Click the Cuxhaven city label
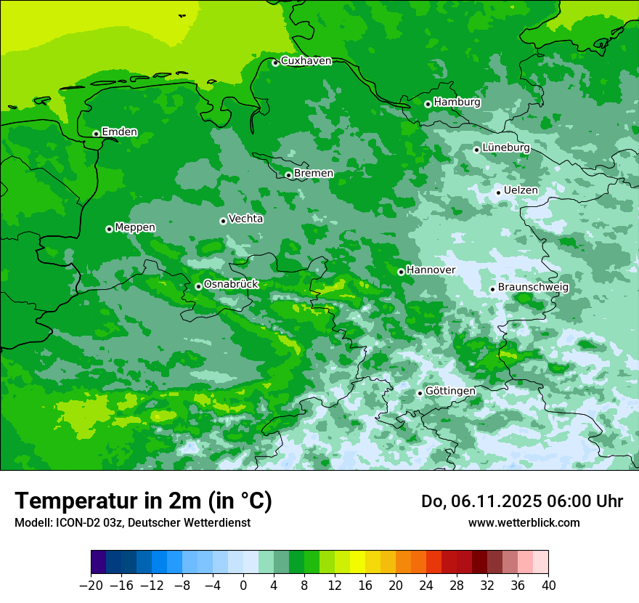306,61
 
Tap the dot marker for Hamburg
428,104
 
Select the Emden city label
119,132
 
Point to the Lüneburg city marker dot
476,150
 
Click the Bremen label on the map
314,174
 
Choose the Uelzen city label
521,190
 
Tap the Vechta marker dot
223,221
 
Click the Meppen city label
135,227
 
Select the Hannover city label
431,270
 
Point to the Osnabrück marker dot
198,286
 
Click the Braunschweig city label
533,288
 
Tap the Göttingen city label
450,391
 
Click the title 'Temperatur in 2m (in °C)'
143,501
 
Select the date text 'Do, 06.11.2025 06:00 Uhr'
521,501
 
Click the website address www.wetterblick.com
524,523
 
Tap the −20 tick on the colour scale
91,585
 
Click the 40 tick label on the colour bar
548,585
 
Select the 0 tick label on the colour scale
243,585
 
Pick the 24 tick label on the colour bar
426,585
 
